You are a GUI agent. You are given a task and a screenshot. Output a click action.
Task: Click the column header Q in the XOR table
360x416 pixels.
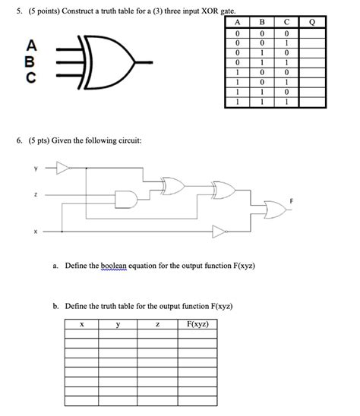312,22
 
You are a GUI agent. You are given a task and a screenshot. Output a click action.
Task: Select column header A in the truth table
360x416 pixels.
238,22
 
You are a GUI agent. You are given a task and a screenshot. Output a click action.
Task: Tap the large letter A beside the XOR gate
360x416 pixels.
31,46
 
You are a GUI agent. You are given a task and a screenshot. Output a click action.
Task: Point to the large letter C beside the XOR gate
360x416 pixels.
31,77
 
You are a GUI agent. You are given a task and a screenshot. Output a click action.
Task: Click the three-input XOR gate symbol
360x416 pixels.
106,62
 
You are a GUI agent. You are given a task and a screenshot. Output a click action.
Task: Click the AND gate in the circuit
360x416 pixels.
126,199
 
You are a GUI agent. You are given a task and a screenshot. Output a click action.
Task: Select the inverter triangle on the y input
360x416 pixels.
63,168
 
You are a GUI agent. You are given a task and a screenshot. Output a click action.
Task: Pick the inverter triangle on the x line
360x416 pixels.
219,232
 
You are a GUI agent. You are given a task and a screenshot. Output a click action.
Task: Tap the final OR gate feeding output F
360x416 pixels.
275,210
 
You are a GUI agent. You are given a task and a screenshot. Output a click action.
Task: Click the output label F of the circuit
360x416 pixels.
291,201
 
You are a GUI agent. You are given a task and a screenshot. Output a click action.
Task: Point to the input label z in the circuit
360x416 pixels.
35,195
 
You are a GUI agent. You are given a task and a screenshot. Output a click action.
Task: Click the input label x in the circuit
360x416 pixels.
35,232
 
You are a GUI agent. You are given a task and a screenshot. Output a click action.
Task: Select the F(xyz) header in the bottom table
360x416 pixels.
197,324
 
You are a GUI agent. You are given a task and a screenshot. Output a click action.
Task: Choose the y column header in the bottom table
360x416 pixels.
118,324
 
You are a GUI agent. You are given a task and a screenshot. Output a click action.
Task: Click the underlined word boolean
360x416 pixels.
114,266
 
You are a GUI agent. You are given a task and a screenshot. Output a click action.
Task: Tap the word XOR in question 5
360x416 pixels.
210,11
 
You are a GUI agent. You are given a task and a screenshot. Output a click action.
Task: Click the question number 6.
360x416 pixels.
19,140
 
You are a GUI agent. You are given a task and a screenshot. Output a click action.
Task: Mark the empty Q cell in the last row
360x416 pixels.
312,102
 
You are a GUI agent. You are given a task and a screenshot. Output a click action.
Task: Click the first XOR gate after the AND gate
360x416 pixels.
173,186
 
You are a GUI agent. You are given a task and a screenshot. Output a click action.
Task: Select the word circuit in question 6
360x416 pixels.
131,140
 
